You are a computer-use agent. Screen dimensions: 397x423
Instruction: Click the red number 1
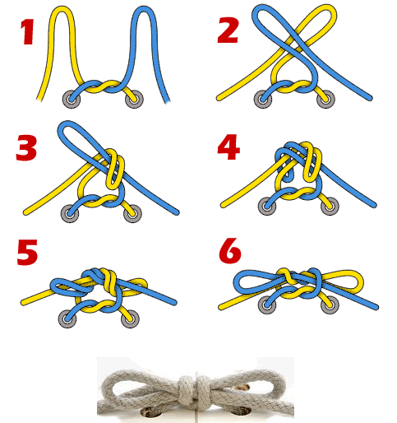pos(27,32)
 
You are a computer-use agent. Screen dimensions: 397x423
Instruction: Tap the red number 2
pos(228,30)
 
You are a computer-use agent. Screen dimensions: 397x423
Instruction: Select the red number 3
pos(26,148)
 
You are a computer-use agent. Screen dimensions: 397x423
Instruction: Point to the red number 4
pos(229,147)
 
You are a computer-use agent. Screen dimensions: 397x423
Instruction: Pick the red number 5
pos(27,252)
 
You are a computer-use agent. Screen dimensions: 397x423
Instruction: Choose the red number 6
pos(230,251)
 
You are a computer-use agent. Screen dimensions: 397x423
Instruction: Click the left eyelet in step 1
pos(72,99)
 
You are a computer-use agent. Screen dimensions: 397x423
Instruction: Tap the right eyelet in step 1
pos(134,99)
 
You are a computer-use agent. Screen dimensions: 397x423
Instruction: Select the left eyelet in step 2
pos(263,99)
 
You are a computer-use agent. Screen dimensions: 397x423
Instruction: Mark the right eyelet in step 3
pos(133,213)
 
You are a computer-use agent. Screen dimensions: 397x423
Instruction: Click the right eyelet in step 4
pos(330,206)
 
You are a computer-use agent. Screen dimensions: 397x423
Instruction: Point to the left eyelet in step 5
pos(67,318)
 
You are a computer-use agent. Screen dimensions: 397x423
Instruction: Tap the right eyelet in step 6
pos(330,304)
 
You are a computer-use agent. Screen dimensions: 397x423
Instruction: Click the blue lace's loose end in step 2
pos(369,98)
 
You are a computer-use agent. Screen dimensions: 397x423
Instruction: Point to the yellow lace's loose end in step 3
pos(26,211)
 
